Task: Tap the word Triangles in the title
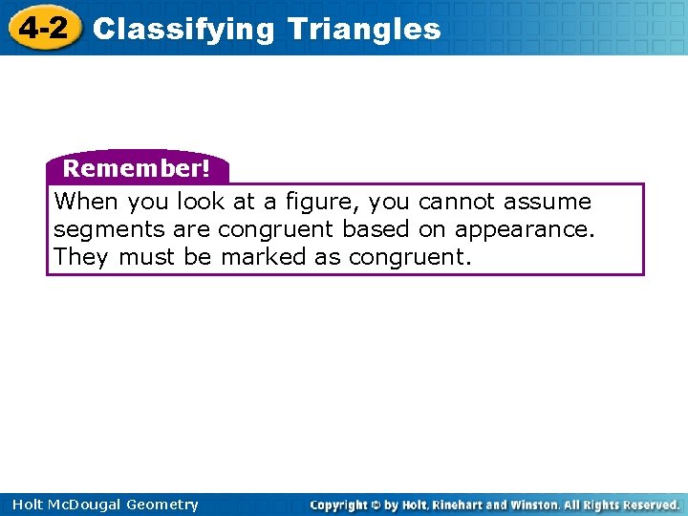coord(364,30)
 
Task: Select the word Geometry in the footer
coord(163,505)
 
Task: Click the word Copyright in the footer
coord(341,505)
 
